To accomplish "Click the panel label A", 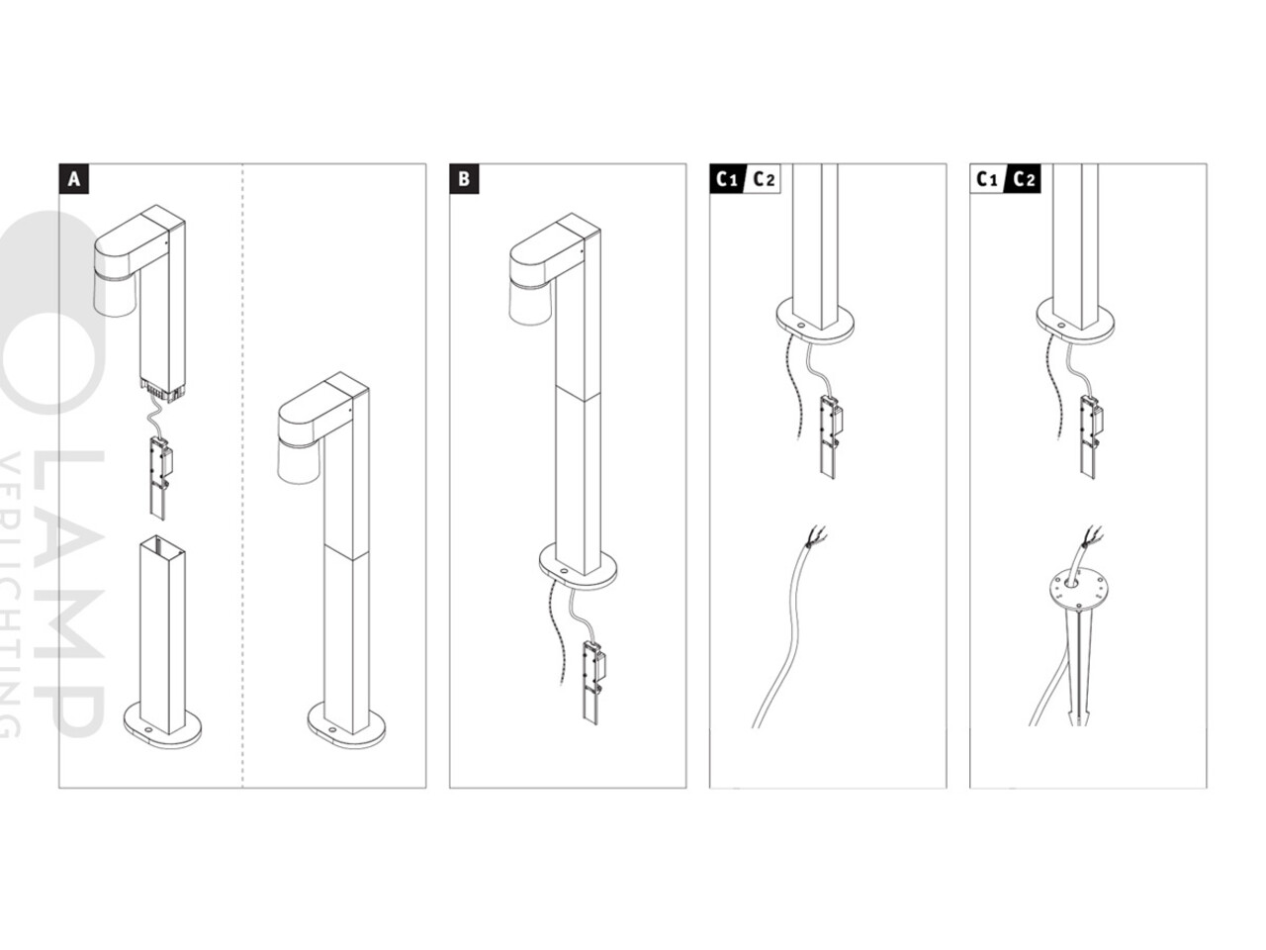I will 73,179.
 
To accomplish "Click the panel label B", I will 464,179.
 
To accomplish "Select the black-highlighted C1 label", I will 727,179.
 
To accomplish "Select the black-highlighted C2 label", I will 1025,179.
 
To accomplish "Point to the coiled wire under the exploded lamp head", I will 155,414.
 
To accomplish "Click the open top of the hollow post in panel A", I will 162,543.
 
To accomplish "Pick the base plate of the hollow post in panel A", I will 161,727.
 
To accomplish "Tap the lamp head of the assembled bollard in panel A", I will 312,426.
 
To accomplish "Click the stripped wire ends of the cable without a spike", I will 817,539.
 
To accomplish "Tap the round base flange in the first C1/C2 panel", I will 814,321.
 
